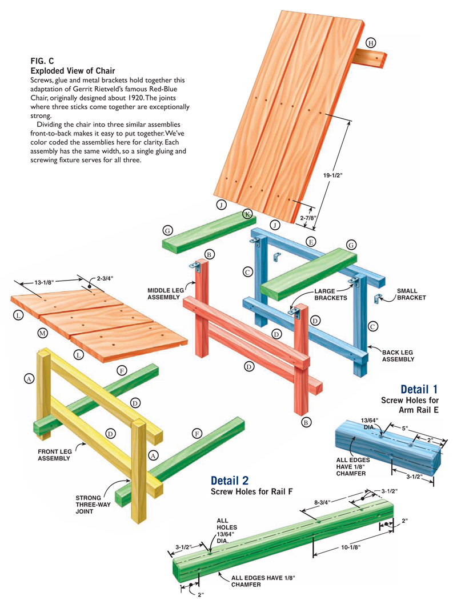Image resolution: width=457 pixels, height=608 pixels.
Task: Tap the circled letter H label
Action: click(x=371, y=43)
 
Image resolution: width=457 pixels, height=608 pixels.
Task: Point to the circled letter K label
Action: click(x=247, y=214)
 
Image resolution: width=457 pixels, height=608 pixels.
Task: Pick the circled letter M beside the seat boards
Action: click(x=42, y=333)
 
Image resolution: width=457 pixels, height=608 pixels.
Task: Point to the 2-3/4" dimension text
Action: click(x=105, y=278)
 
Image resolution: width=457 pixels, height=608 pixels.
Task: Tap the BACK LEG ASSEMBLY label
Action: click(x=398, y=356)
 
